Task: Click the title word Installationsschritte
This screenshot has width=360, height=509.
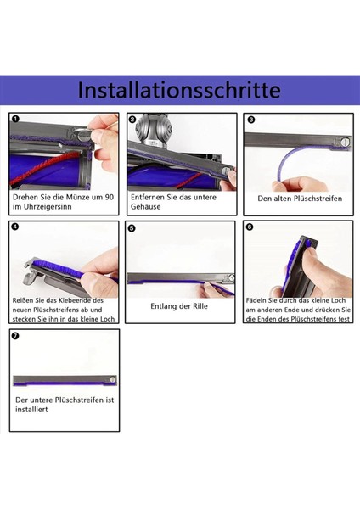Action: pyautogui.click(x=179, y=89)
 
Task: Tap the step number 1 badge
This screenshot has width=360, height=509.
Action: pyautogui.click(x=16, y=120)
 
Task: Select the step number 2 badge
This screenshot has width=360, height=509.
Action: pyautogui.click(x=132, y=120)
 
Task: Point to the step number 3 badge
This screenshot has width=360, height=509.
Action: pyautogui.click(x=250, y=120)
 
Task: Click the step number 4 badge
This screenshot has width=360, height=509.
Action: pyautogui.click(x=16, y=227)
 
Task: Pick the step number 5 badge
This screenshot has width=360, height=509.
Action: pyautogui.click(x=132, y=227)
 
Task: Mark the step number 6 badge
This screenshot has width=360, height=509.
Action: pyautogui.click(x=249, y=227)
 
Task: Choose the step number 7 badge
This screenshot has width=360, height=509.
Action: pyautogui.click(x=16, y=335)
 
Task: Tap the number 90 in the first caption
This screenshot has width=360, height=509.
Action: pyautogui.click(x=109, y=197)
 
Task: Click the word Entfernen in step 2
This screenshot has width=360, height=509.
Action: pyautogui.click(x=149, y=197)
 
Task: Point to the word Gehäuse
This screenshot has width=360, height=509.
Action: pyautogui.click(x=148, y=208)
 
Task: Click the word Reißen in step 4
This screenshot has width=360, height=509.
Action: pyautogui.click(x=25, y=300)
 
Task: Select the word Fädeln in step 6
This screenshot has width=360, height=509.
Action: pyautogui.click(x=257, y=300)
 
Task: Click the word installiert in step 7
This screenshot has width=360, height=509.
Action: pyautogui.click(x=32, y=409)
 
